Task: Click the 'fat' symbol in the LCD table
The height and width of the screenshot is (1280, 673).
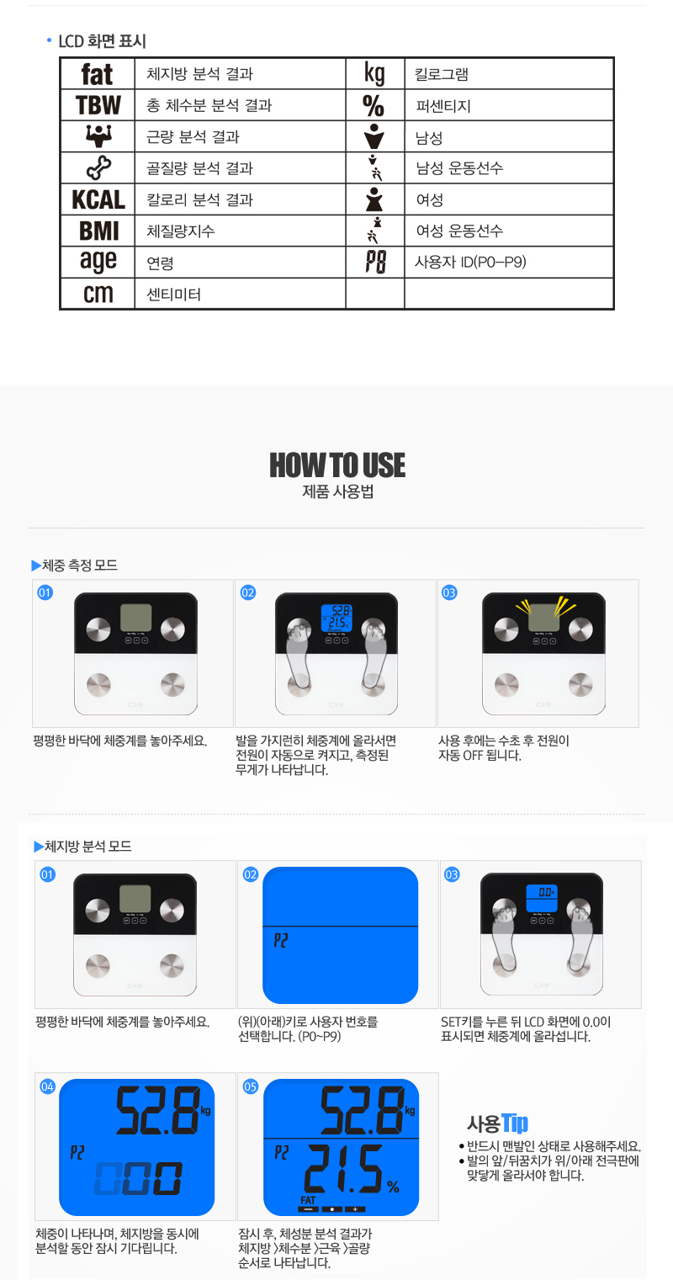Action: pos(97,74)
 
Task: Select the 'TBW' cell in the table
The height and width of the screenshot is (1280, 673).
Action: pos(98,105)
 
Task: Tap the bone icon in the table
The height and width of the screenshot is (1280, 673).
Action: pos(98,167)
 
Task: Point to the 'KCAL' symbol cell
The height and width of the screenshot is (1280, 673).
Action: pos(98,199)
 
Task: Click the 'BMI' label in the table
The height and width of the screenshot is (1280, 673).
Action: pos(98,231)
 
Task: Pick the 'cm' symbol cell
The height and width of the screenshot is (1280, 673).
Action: pos(98,294)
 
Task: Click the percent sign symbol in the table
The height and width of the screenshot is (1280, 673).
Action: pos(374,106)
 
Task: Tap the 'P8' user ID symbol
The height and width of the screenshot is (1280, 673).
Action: pos(375,263)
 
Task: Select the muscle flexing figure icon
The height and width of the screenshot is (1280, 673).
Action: pos(98,136)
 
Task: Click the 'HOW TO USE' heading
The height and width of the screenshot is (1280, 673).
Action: pos(337,465)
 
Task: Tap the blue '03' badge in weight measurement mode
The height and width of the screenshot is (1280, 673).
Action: pos(449,592)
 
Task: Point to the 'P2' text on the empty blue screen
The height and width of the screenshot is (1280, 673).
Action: pos(280,940)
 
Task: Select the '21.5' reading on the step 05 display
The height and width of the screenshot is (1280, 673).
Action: pos(343,1169)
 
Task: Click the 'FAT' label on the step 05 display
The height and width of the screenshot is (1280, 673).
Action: pos(308,1200)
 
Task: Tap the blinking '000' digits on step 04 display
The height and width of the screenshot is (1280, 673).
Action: pos(138,1178)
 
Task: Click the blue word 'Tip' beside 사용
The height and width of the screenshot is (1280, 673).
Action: pos(515,1123)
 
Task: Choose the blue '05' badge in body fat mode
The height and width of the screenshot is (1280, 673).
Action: pos(251,1086)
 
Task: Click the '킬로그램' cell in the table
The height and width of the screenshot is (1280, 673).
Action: pos(441,74)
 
